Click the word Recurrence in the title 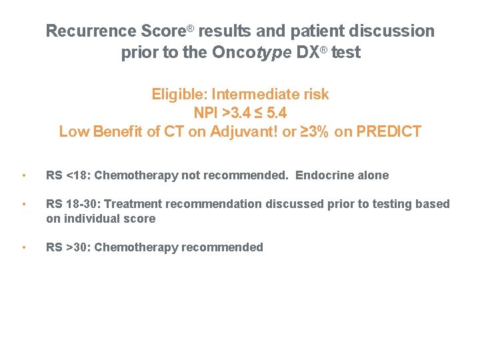pos(92,31)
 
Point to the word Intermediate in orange pos(256,94)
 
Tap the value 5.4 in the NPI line pos(275,113)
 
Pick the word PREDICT pos(389,131)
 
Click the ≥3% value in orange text pos(313,131)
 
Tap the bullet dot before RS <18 pos(23,176)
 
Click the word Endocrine pos(323,176)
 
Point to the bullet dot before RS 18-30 pos(23,205)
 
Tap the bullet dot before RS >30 pos(23,248)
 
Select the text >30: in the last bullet pos(77,247)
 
